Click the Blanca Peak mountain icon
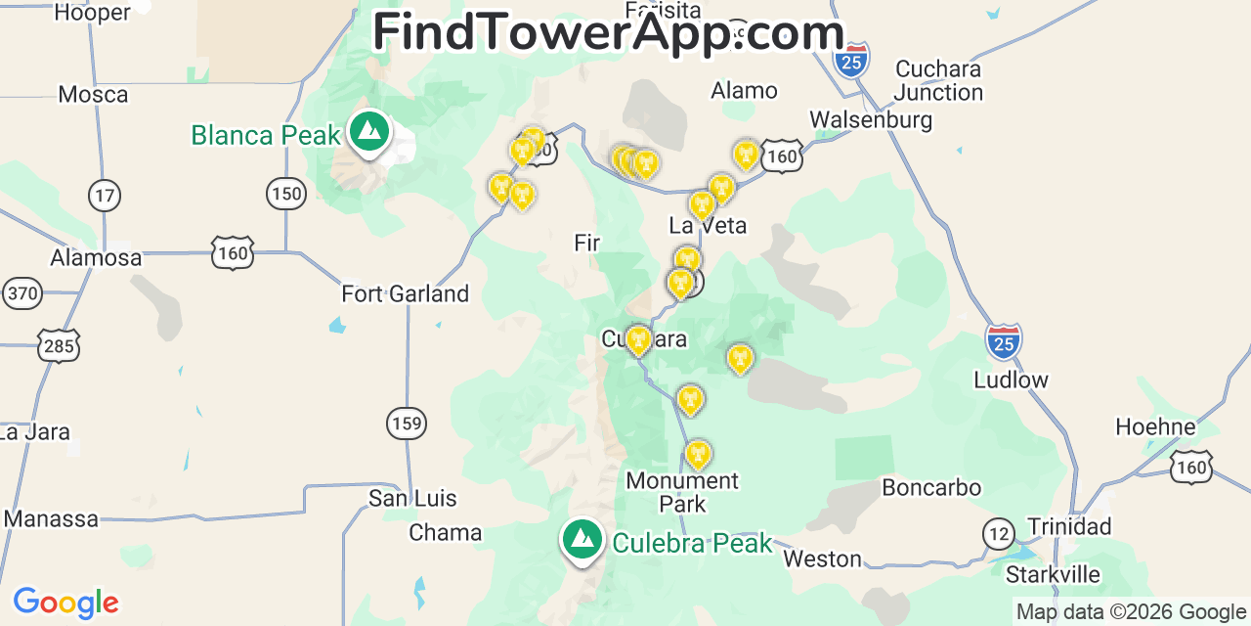tap(368, 131)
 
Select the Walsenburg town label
tap(871, 120)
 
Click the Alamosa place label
tap(97, 258)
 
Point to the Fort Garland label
tap(405, 293)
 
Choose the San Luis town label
tap(412, 498)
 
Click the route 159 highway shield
tap(406, 424)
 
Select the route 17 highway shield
tap(105, 195)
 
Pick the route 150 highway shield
tap(286, 194)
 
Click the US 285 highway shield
tap(60, 345)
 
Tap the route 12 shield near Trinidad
tap(999, 534)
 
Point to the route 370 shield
tap(22, 292)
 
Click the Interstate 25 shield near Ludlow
tap(1004, 341)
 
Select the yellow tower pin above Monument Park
tap(697, 454)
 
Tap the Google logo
tap(65, 603)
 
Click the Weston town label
tap(823, 559)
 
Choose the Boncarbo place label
tap(931, 487)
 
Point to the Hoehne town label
tap(1155, 426)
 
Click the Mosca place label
tap(93, 95)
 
